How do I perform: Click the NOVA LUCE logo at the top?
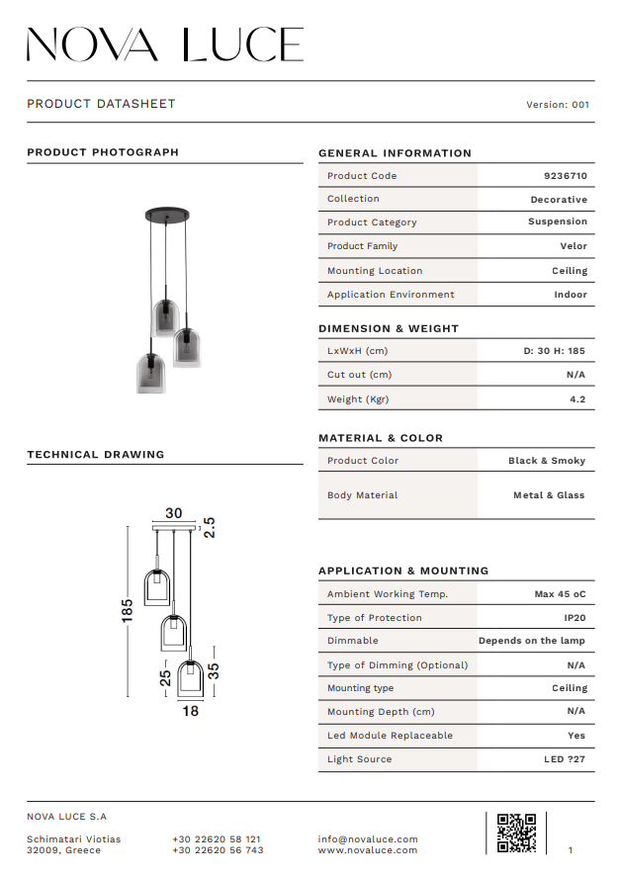click(x=164, y=44)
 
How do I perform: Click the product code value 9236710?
click(x=566, y=176)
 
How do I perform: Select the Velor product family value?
click(x=574, y=246)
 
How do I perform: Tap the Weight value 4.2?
click(x=577, y=399)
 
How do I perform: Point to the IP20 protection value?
click(x=575, y=618)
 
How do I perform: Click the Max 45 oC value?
click(x=560, y=594)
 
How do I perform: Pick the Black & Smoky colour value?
click(x=547, y=461)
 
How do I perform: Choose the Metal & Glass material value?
click(x=549, y=495)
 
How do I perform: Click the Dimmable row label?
click(x=353, y=641)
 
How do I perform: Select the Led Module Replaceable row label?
click(x=390, y=736)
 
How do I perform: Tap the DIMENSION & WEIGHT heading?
click(x=389, y=328)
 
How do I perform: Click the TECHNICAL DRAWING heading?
click(x=96, y=455)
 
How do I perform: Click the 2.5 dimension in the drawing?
click(x=209, y=527)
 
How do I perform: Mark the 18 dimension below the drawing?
click(x=190, y=710)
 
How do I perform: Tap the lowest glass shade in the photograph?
click(x=150, y=373)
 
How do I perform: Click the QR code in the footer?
click(x=516, y=833)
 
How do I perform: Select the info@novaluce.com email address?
click(x=368, y=839)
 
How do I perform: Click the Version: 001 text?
click(x=558, y=105)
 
